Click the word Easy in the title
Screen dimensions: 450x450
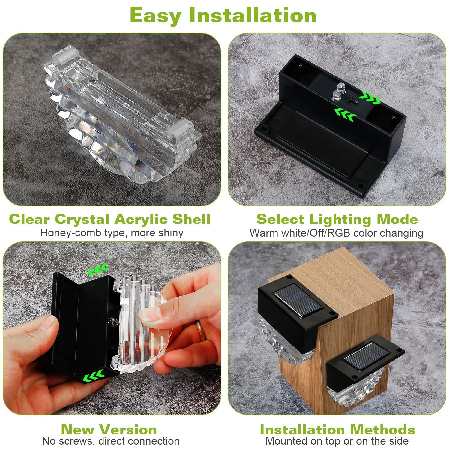155,16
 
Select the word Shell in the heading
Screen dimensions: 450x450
191,219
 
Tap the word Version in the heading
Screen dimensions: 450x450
131,430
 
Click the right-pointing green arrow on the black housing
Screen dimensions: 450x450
370,98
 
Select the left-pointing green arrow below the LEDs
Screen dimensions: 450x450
345,114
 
